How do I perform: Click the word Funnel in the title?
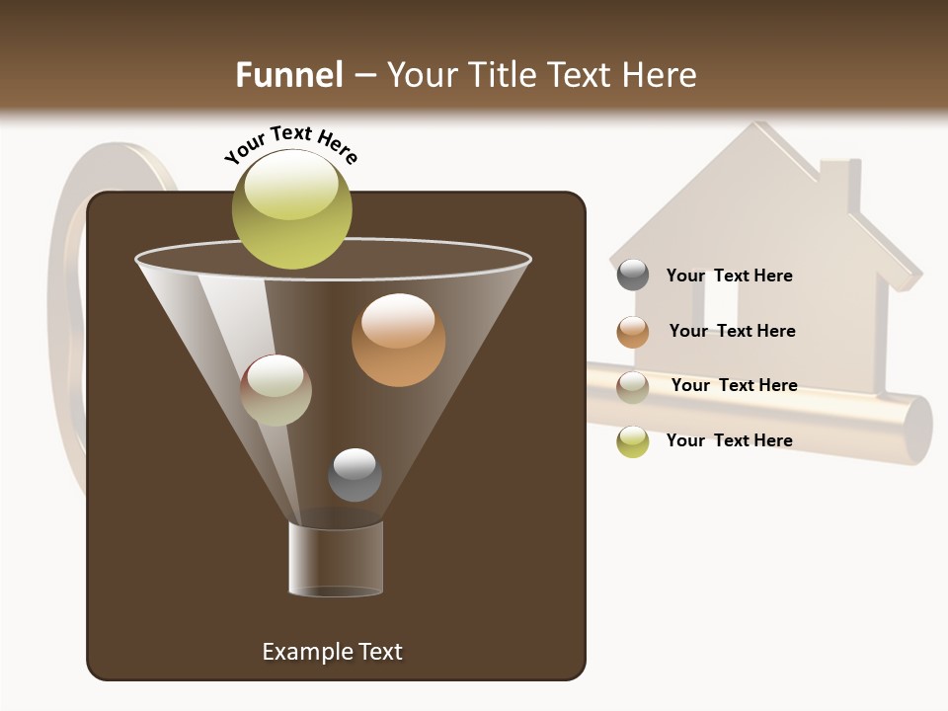(289, 74)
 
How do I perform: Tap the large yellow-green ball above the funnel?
(292, 208)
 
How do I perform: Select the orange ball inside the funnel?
(398, 340)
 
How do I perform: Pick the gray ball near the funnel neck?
(355, 475)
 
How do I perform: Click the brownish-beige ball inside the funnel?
(276, 390)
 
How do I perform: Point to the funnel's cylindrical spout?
(336, 558)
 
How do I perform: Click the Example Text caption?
(333, 652)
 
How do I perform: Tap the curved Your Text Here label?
(291, 144)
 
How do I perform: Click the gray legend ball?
(633, 276)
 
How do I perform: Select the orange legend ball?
(633, 332)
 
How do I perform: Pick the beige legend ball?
(633, 387)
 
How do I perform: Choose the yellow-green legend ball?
(633, 441)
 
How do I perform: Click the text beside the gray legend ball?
(729, 276)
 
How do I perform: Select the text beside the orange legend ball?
(732, 331)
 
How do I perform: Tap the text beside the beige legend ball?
(734, 385)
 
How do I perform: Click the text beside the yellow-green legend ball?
(729, 440)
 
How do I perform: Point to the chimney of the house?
(840, 187)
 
